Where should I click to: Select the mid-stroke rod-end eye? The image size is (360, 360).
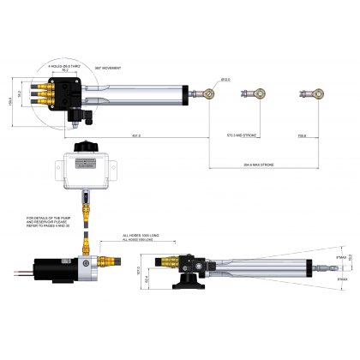249,92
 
